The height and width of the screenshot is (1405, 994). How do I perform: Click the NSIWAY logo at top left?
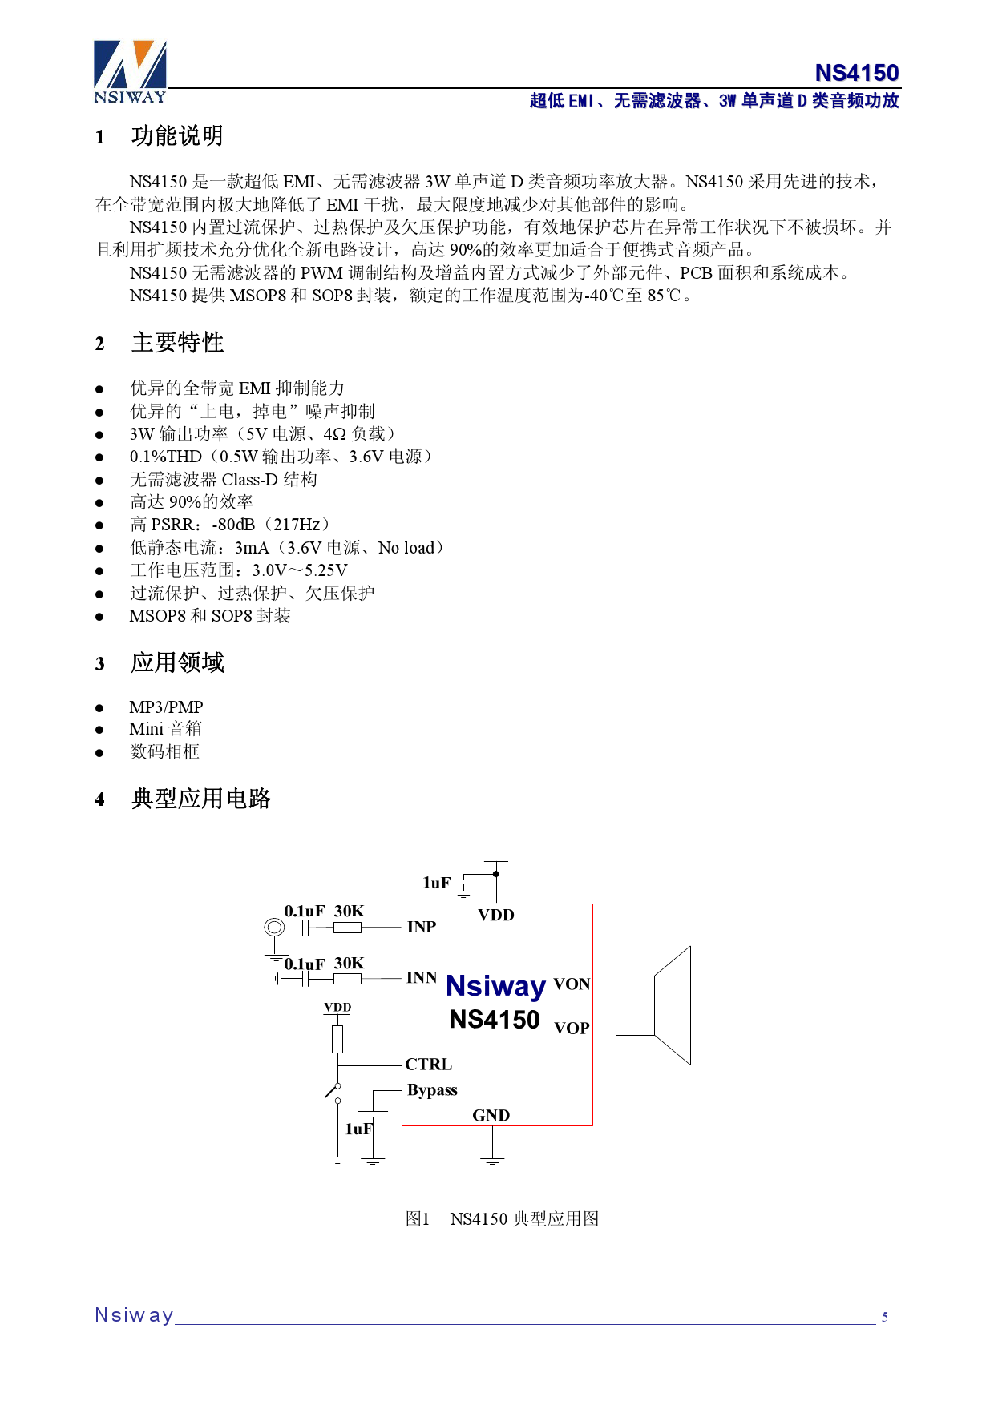coord(130,72)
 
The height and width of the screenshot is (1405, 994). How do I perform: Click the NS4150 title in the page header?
coord(856,73)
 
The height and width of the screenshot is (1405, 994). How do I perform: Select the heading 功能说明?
coord(177,136)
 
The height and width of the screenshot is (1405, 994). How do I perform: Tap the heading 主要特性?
coord(177,343)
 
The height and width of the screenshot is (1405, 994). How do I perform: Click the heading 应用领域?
coord(177,662)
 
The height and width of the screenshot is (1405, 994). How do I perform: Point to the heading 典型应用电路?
coord(200,799)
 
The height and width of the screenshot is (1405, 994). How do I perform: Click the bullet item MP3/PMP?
coord(166,707)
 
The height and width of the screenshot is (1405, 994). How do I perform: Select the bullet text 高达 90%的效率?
coord(192,502)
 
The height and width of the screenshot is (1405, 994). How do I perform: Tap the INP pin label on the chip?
coord(422,927)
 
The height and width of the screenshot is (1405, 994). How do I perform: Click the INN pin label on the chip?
coord(422,978)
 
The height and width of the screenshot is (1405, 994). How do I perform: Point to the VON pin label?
coord(572,984)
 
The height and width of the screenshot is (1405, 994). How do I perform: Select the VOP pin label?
coord(572,1029)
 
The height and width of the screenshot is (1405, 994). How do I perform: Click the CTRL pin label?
coord(429,1065)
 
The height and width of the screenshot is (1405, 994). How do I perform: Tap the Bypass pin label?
coord(432,1090)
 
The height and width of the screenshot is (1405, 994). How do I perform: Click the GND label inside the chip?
coord(491,1115)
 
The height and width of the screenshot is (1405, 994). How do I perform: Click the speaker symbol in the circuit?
coord(653,1005)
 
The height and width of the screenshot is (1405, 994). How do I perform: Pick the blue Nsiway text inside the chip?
coord(495,986)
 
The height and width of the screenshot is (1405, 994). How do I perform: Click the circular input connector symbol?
coord(274,928)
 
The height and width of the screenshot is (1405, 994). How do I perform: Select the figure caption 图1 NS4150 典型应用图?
coord(502,1218)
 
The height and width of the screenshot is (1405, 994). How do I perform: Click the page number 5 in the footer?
coord(885,1317)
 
